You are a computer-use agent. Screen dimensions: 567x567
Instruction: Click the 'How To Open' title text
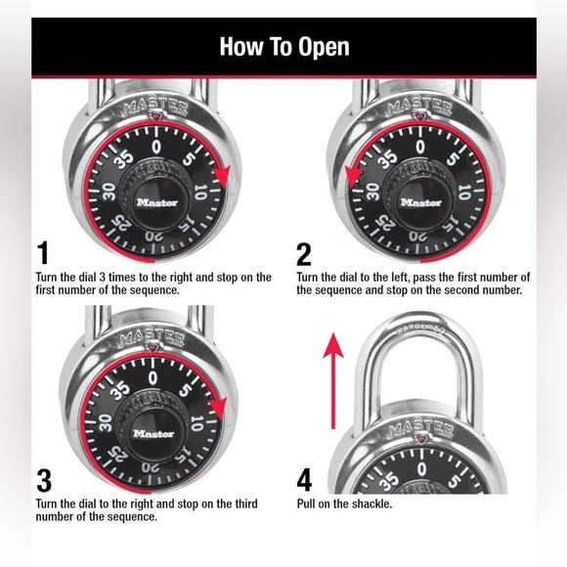coord(283,46)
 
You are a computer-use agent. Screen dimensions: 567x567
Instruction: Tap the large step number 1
coord(42,253)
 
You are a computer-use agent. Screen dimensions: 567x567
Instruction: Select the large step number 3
coord(43,480)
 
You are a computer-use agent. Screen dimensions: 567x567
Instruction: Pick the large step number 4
coord(305,480)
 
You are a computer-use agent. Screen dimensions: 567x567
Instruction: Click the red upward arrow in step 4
coord(333,381)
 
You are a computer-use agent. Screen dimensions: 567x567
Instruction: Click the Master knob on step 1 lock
coord(157,201)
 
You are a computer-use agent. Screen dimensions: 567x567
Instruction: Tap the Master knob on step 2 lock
coord(419,201)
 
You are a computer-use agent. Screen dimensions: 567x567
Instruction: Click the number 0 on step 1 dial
coord(157,147)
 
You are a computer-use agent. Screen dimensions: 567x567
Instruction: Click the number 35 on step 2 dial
coord(388,158)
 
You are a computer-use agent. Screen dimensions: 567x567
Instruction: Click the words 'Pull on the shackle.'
coord(344,504)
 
